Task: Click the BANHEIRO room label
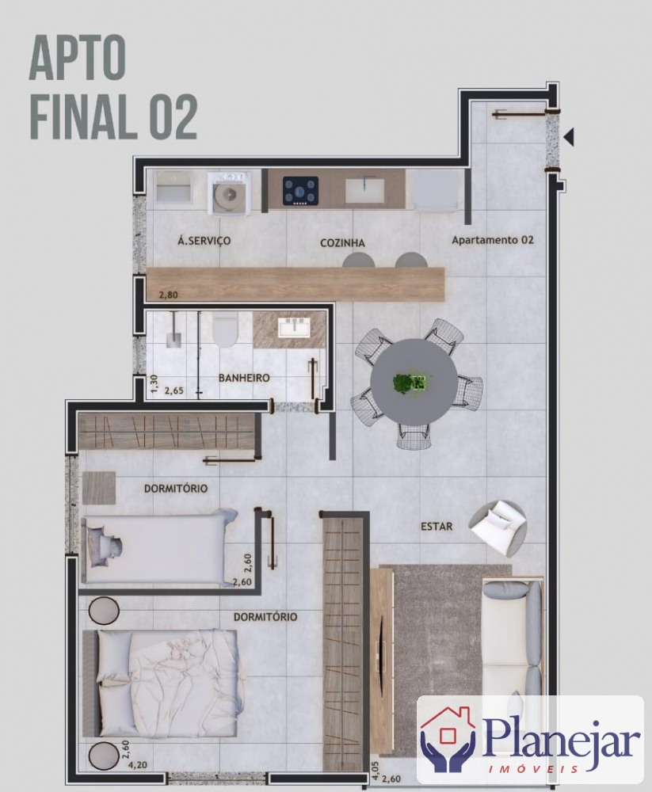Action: click(x=244, y=378)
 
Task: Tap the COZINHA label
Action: click(x=342, y=243)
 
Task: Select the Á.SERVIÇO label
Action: click(x=204, y=241)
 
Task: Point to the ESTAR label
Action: click(x=437, y=527)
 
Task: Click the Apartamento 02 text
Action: click(x=492, y=240)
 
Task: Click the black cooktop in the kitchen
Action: click(x=300, y=191)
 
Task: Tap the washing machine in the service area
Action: click(x=230, y=193)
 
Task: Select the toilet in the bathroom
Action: click(x=225, y=329)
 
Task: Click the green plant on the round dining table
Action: click(x=410, y=383)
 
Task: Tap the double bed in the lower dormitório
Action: click(x=161, y=683)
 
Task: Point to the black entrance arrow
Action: click(x=569, y=137)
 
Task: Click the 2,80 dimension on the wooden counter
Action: click(x=168, y=295)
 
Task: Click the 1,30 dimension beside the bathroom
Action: click(x=154, y=383)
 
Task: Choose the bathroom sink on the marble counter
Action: click(x=295, y=327)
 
